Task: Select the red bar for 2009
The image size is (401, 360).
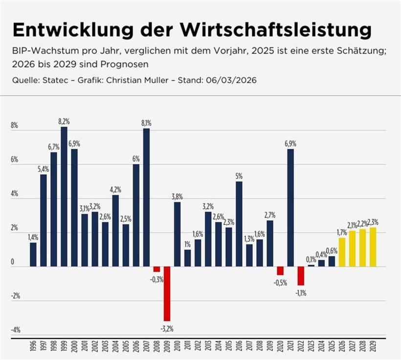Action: [x=167, y=294]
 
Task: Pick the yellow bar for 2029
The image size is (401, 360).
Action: [x=373, y=247]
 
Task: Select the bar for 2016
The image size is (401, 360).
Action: [x=239, y=224]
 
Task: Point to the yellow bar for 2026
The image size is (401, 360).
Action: [x=342, y=252]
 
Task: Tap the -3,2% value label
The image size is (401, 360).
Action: [x=167, y=328]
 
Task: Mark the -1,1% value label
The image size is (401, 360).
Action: [x=301, y=293]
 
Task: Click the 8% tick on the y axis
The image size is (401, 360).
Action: [x=14, y=126]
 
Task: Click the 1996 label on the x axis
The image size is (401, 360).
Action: [x=33, y=347]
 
